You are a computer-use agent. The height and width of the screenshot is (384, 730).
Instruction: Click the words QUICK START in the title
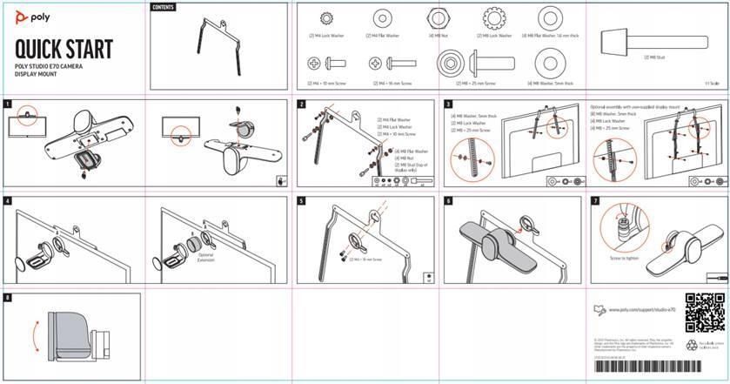point(64,51)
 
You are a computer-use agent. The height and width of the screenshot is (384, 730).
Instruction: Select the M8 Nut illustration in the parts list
point(437,18)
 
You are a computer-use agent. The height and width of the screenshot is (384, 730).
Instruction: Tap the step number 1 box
point(7,104)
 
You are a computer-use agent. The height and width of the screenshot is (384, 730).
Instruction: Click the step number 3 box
point(449,104)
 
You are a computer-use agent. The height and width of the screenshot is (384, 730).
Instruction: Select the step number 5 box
point(301,200)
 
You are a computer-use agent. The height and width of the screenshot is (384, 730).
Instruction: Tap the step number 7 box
point(595,200)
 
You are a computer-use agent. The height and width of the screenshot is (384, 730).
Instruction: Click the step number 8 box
point(7,297)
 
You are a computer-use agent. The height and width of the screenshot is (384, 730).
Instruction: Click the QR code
point(705,313)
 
